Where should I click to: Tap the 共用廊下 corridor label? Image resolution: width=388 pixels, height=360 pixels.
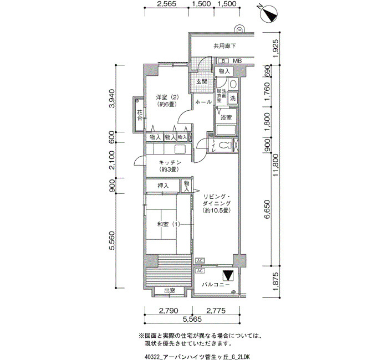coord(225,47)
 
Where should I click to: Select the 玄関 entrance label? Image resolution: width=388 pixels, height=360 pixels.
coord(201,81)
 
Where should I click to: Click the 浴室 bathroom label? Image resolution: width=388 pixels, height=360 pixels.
coord(226,118)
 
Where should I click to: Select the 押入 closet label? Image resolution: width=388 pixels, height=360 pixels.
coord(163,186)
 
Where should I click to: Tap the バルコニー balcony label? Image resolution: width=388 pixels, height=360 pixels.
coord(216,284)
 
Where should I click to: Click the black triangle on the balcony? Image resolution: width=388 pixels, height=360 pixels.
coord(228,275)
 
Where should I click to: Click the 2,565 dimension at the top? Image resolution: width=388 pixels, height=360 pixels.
coord(166,4)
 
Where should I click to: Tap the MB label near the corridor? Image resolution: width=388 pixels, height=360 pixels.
coord(237,60)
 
